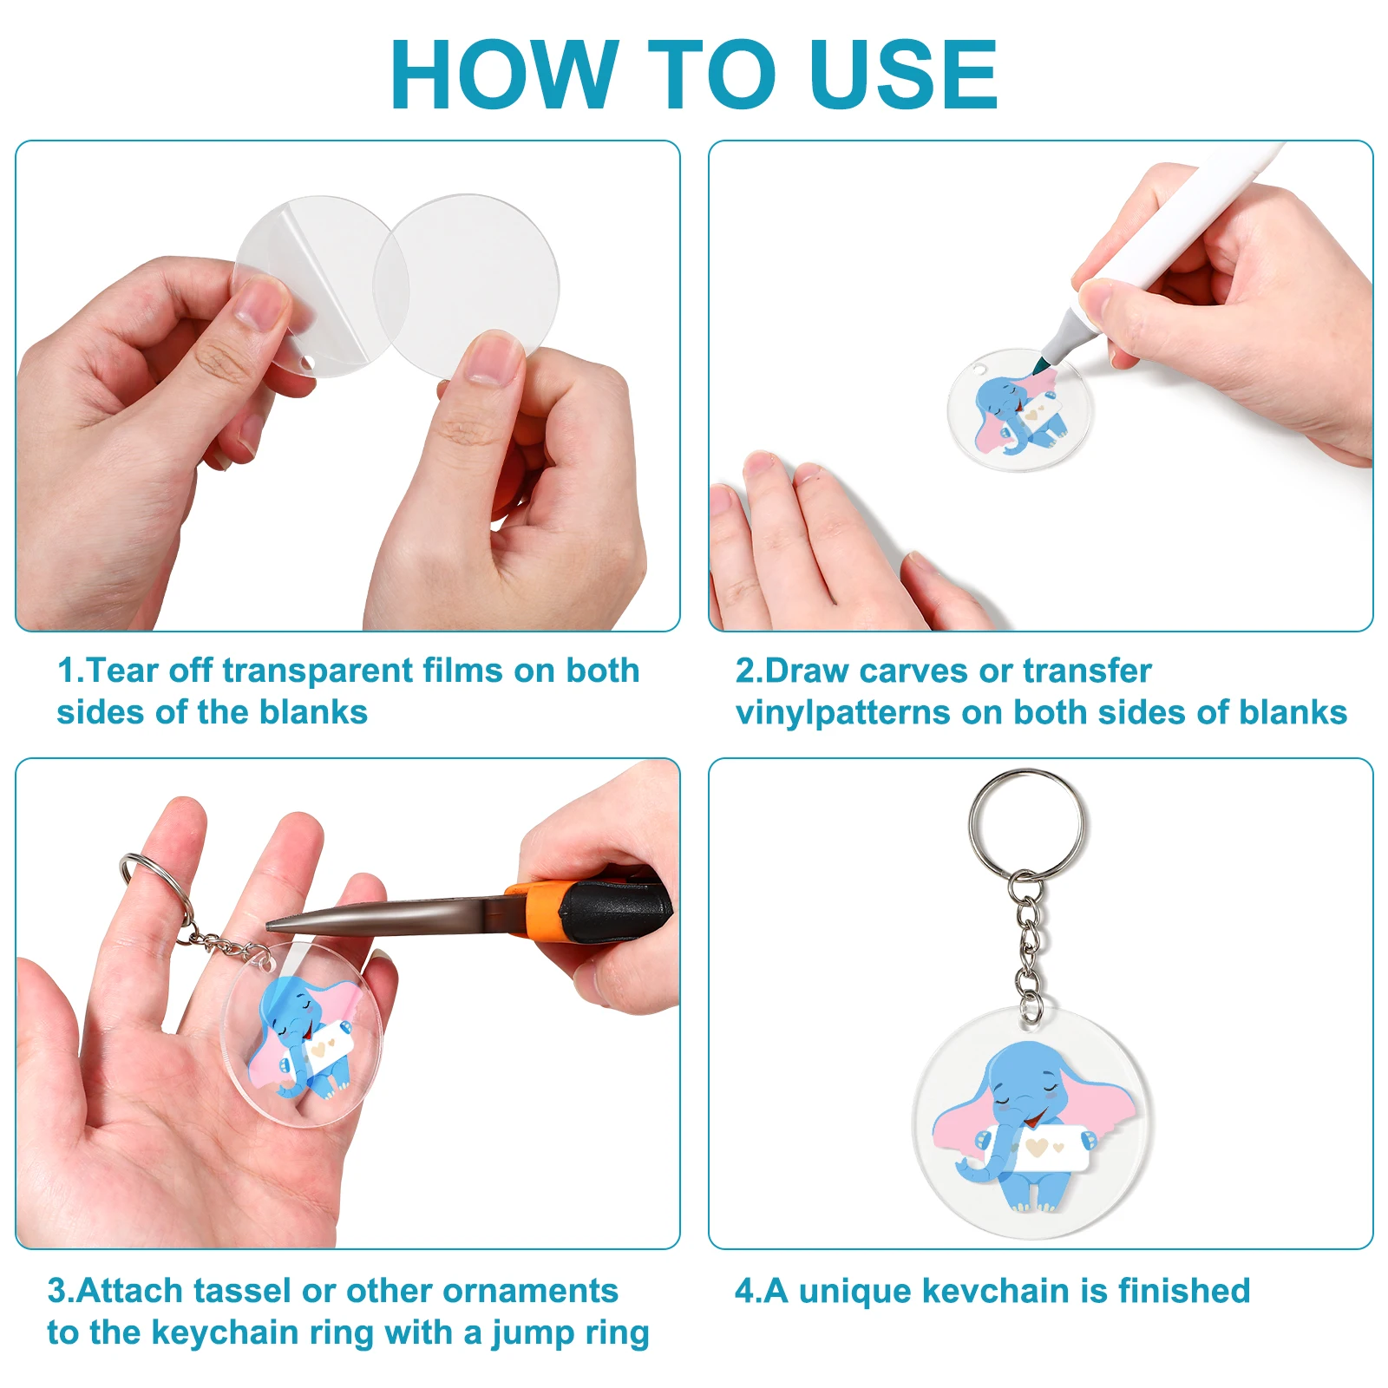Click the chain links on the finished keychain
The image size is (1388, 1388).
[x=1028, y=941]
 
